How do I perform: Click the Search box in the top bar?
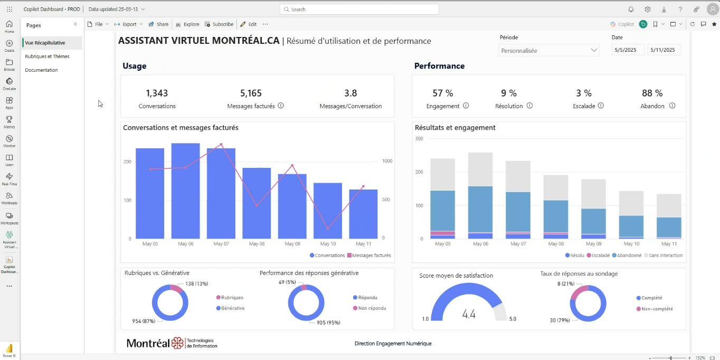coord(359,10)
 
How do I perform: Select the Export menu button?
coord(128,24)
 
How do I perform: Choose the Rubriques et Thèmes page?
coord(47,56)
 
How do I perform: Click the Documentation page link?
coord(41,70)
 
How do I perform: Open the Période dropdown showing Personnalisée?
coord(549,51)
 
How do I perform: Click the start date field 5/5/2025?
coord(628,50)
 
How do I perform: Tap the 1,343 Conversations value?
coord(157,93)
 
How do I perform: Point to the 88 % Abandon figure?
coord(652,93)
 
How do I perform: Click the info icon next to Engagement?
coord(466,106)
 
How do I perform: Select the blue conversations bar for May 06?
coord(185,191)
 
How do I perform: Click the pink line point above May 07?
coord(221,144)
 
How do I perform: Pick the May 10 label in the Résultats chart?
coord(631,244)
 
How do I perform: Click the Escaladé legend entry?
coord(598,255)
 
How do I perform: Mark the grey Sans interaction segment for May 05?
coord(442,174)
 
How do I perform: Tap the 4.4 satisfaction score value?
coord(469,315)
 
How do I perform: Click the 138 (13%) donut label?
coord(197,284)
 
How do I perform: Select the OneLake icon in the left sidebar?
coord(10,84)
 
